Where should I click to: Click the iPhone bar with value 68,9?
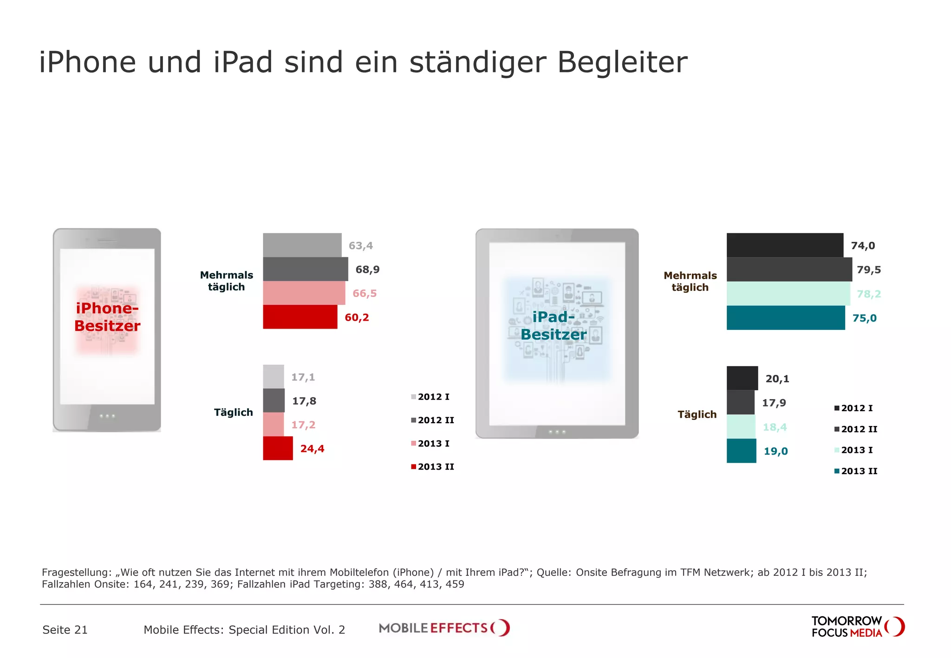pos(305,269)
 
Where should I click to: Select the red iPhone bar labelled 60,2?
pos(300,317)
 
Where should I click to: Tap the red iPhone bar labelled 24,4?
pos(278,448)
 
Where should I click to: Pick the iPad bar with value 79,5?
pos(789,270)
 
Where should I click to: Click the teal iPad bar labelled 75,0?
pos(785,318)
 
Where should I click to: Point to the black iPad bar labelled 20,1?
pos(742,378)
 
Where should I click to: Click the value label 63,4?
pos(361,245)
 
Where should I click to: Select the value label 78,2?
pos(868,294)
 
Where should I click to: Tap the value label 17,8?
pos(304,401)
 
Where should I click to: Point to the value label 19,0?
pos(775,451)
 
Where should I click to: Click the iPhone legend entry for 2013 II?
pos(432,467)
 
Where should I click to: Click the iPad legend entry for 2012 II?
pos(856,429)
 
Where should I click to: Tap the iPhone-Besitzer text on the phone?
pos(107,317)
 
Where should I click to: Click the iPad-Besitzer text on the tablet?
pos(554,325)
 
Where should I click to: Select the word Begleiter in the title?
pos(622,62)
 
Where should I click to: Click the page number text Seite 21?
pos(65,630)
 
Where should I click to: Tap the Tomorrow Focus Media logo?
pos(857,627)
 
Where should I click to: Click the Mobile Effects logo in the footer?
pos(444,628)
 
